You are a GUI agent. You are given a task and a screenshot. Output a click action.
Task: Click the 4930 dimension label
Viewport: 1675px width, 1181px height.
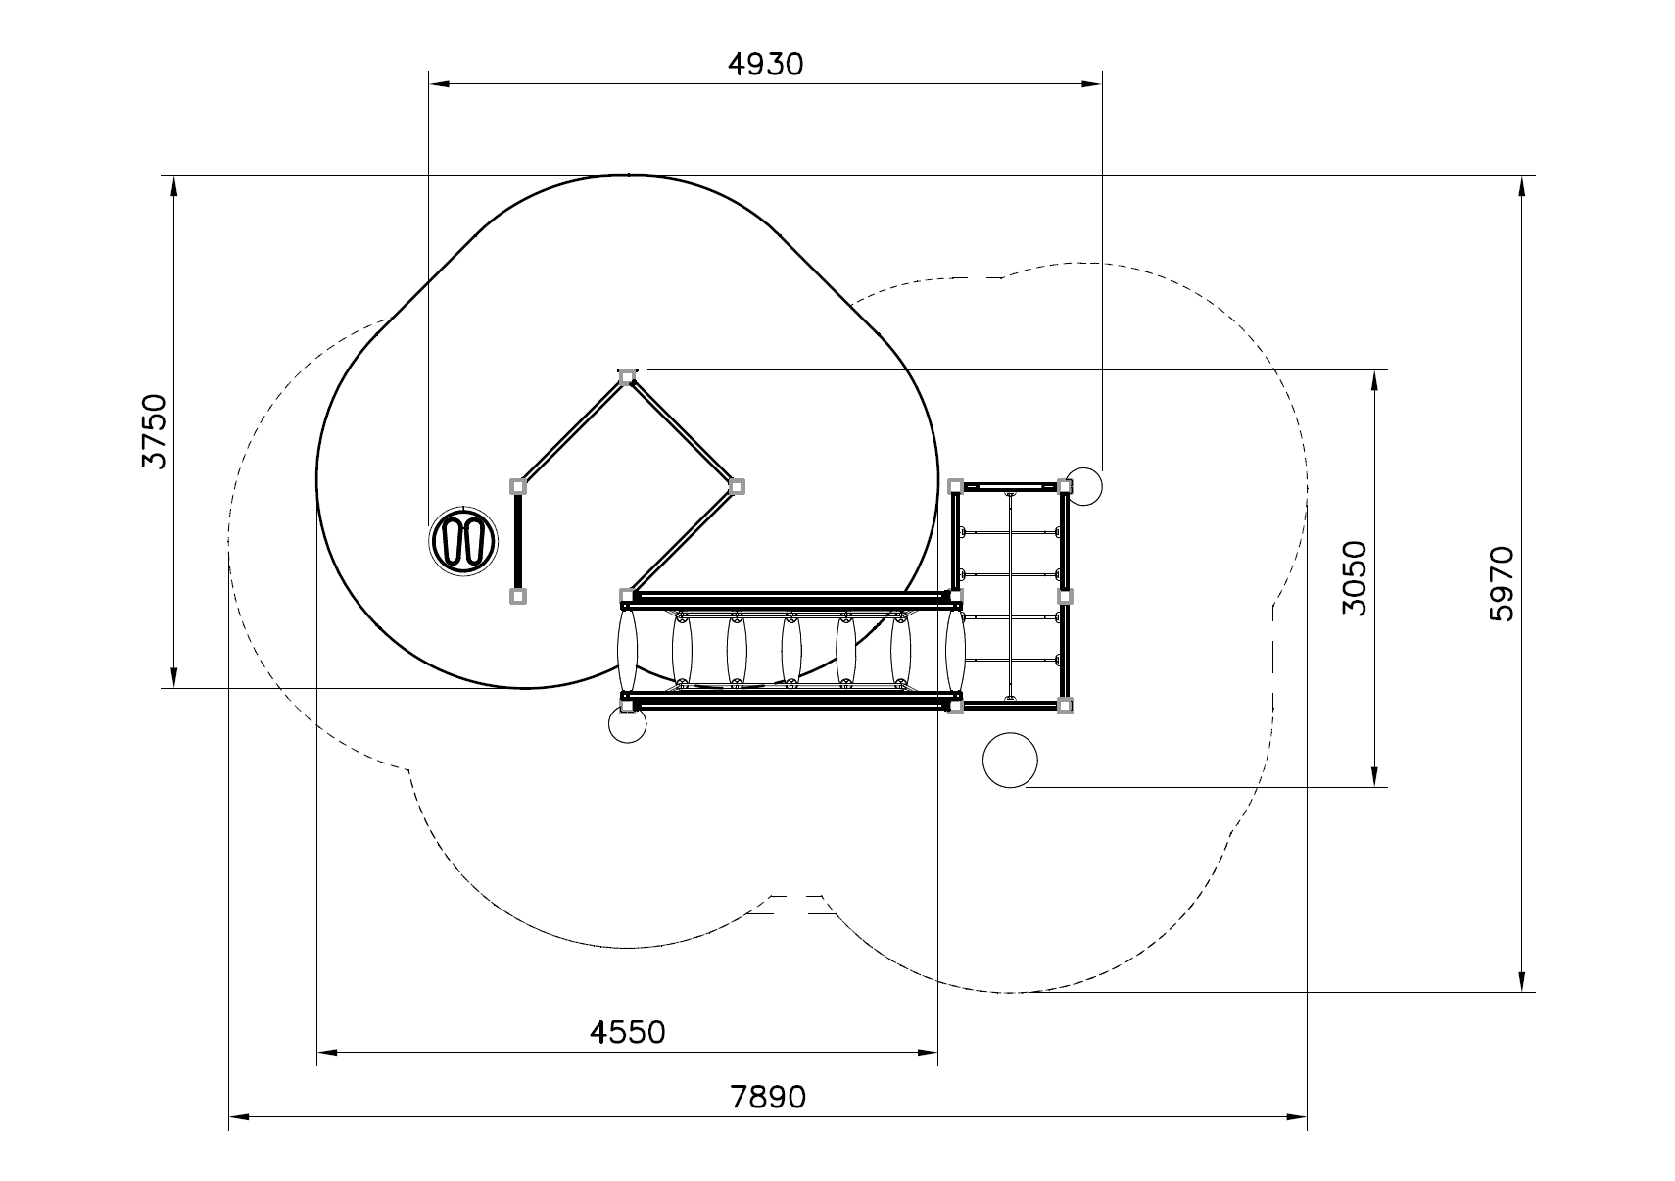pos(765,65)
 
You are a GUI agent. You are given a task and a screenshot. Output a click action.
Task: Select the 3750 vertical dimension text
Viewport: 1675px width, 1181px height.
pos(155,431)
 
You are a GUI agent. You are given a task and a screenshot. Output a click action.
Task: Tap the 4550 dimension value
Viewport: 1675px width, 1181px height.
pos(627,1032)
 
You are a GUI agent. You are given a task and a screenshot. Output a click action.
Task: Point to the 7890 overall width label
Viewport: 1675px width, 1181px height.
pos(768,1097)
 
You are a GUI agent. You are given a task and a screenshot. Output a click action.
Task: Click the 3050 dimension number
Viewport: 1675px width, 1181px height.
pos(1355,578)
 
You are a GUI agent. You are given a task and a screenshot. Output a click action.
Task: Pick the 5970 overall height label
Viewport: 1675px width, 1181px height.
pos(1502,584)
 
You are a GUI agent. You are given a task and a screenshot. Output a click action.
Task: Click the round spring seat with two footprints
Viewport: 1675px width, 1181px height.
pos(463,540)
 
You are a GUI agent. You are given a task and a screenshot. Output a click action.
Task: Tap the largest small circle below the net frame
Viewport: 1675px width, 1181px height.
pos(1010,760)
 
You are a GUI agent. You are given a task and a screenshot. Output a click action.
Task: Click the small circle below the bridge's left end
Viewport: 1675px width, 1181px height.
pos(627,723)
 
